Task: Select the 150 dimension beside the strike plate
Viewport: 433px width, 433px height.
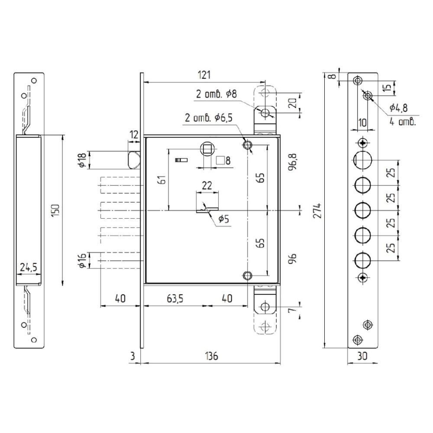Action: (x=55, y=210)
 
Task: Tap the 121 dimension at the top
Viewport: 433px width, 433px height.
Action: (x=204, y=75)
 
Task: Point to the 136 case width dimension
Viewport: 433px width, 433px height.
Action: (x=212, y=356)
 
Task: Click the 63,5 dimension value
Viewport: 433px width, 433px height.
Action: (x=175, y=298)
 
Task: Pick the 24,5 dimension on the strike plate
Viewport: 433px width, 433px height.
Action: (x=29, y=267)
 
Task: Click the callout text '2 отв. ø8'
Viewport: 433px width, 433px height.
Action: (x=216, y=94)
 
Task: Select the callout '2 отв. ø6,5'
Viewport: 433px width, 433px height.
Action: (x=209, y=118)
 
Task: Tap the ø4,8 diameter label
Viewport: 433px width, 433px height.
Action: (x=398, y=108)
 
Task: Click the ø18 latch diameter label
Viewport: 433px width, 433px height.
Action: (x=82, y=160)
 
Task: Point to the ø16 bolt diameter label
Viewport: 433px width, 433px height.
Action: (x=82, y=260)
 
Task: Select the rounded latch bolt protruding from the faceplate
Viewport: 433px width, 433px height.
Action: (x=134, y=160)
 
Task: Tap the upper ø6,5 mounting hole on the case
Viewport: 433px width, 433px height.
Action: (x=247, y=145)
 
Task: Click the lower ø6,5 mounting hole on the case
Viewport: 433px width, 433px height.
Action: (x=247, y=275)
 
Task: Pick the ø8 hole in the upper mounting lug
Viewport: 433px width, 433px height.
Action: (x=265, y=113)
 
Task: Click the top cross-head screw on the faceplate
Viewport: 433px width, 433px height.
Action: (x=362, y=143)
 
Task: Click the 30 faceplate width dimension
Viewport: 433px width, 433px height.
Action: (x=362, y=356)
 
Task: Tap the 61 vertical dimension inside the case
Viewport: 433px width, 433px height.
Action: (x=163, y=180)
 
